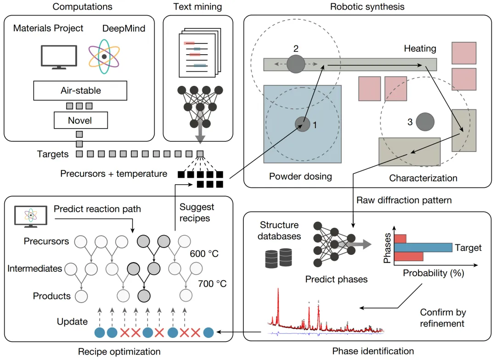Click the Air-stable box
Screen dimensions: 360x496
(x=80, y=90)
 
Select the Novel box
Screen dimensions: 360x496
(x=80, y=121)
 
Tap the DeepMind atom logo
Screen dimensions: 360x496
(x=105, y=56)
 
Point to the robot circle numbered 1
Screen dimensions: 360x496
(x=302, y=124)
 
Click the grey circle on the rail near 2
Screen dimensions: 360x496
(x=296, y=64)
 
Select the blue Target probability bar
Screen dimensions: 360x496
(x=423, y=247)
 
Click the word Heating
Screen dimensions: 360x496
(x=420, y=48)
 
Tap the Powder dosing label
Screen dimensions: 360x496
(x=300, y=176)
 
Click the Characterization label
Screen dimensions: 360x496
(x=423, y=178)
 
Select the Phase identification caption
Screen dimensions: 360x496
(x=372, y=351)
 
